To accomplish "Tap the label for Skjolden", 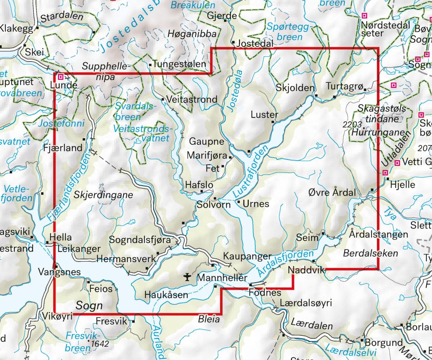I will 295,87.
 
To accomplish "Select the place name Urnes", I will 256,204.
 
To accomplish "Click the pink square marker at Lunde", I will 61,77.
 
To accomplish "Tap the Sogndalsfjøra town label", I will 140,240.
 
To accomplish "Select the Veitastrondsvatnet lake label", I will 141,133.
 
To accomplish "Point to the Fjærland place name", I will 63,148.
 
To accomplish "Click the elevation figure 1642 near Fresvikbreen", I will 100,344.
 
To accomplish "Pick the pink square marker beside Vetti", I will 397,163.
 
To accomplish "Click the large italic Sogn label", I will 89,306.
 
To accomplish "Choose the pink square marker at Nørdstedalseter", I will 364,16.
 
